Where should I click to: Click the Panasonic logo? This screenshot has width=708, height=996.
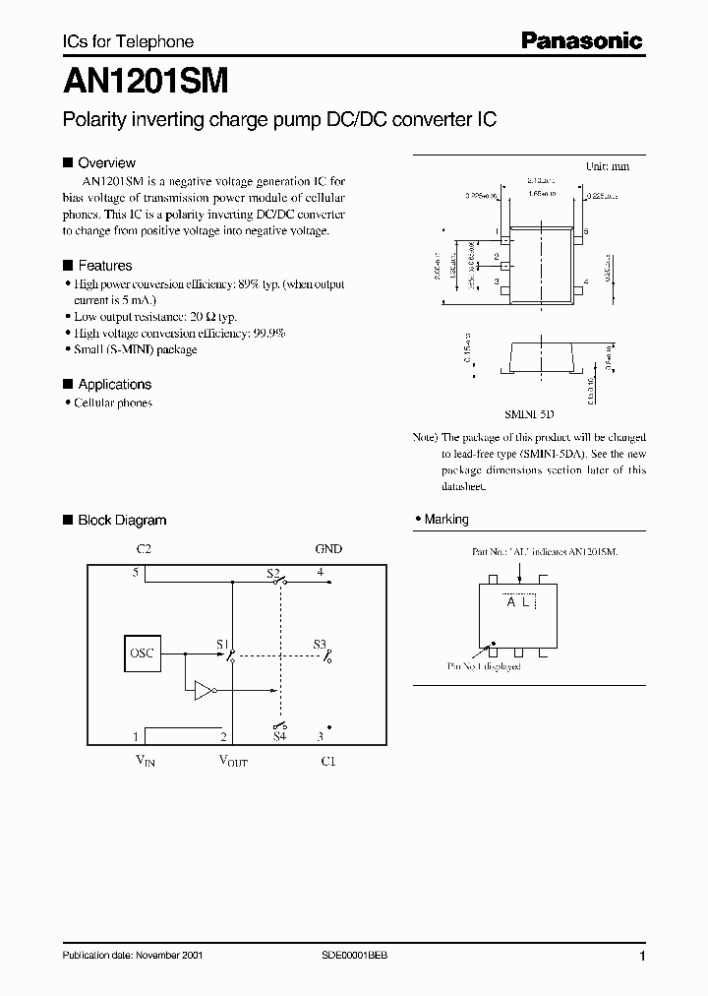580,40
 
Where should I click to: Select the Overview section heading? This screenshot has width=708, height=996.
106,162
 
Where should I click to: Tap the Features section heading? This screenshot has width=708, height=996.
104,266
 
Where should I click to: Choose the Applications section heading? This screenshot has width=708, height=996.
114,384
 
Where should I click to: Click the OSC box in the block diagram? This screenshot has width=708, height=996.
143,653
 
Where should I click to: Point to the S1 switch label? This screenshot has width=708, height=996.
222,644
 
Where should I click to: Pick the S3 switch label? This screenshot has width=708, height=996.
320,644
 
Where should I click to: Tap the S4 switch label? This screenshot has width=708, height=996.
279,736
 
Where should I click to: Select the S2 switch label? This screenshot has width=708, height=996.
273,572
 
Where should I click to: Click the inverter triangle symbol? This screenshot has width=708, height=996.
205,691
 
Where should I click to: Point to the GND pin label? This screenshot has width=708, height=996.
328,548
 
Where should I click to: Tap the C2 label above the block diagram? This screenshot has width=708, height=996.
143,548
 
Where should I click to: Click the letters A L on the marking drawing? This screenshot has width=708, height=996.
518,602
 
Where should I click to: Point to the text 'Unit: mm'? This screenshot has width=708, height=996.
608,167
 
